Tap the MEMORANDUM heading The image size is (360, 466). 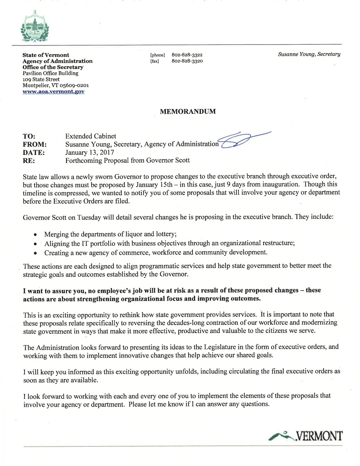188,112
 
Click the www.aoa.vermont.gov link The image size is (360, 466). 53,92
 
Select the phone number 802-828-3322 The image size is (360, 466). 187,55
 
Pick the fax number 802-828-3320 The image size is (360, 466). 187,61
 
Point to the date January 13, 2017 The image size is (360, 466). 90,153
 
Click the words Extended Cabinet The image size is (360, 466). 91,136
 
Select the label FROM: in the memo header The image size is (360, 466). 34,144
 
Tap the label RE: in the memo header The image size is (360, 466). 29,161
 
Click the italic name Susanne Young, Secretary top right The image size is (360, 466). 309,54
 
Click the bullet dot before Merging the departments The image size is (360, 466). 35,235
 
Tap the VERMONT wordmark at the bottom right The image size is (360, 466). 318,436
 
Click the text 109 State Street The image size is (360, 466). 41,79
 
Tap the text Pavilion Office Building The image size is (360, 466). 50,73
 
